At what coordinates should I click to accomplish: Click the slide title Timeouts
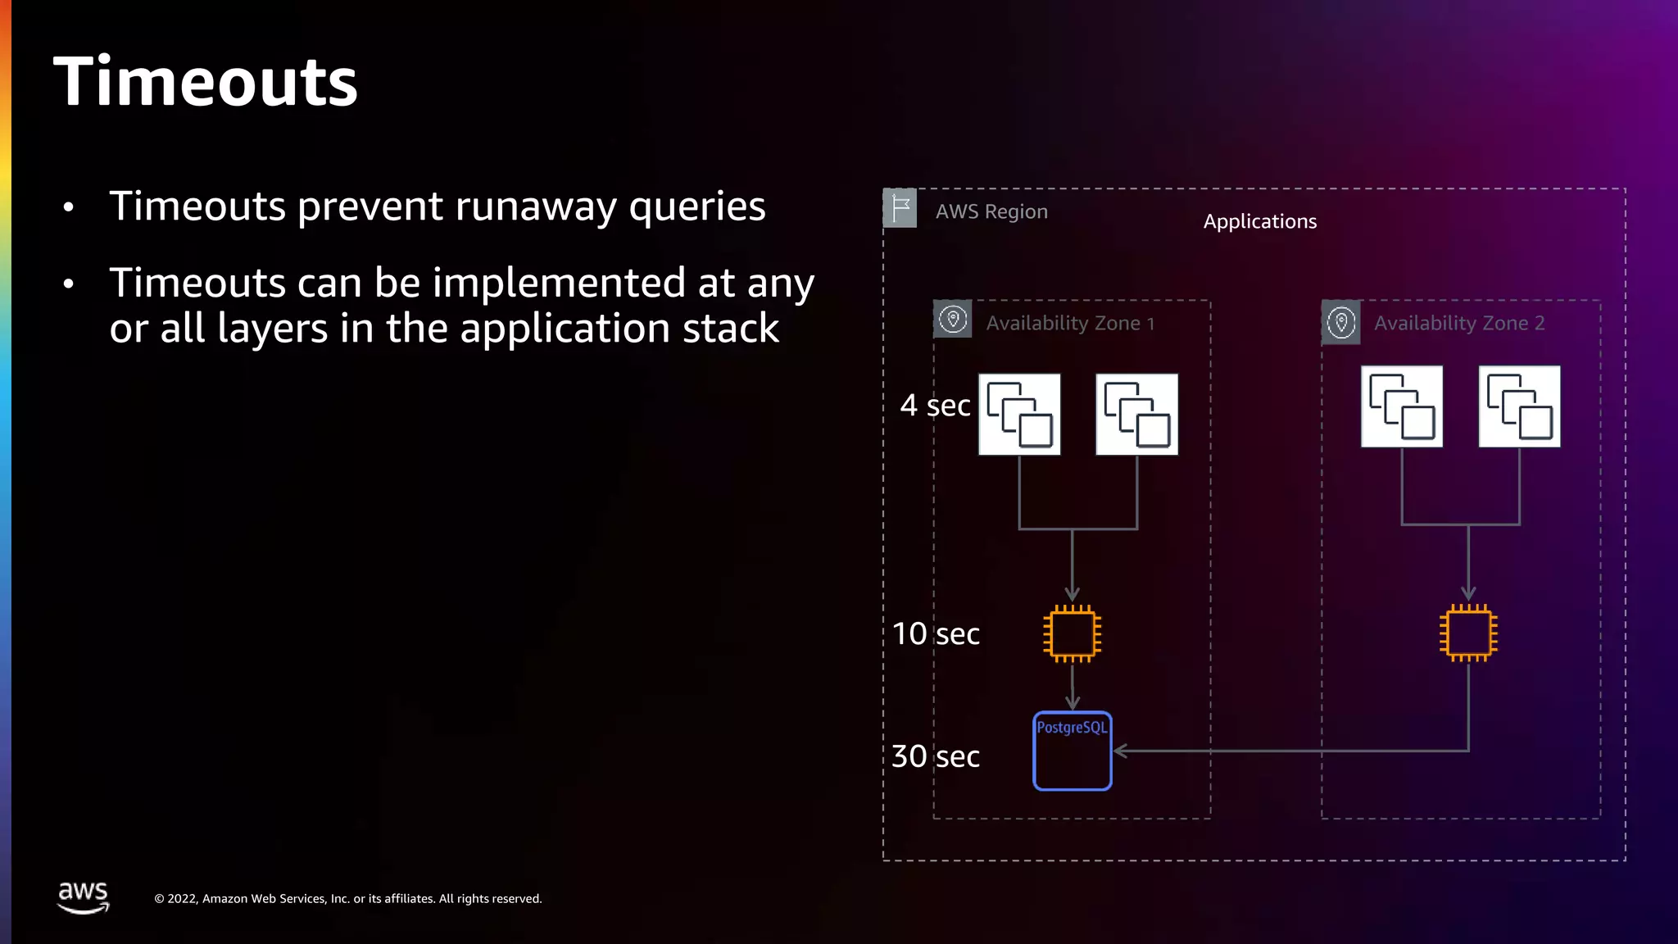click(x=206, y=82)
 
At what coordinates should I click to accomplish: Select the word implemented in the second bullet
click(x=559, y=284)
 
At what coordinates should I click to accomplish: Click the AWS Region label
click(x=991, y=211)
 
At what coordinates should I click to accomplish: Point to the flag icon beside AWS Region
click(x=900, y=208)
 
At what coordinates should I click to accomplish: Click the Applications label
click(x=1259, y=221)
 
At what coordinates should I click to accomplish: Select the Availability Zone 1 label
click(x=1070, y=324)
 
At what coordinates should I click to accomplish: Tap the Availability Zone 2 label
click(x=1459, y=324)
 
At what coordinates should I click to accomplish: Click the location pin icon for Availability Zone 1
click(x=953, y=320)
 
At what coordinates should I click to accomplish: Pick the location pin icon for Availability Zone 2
click(x=1341, y=322)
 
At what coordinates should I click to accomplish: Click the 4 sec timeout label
click(x=935, y=406)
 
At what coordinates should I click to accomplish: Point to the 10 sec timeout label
click(x=936, y=633)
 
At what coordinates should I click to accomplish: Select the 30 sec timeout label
click(x=935, y=756)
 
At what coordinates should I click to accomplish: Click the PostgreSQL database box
click(x=1073, y=751)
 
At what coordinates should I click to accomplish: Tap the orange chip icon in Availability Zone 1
click(x=1072, y=633)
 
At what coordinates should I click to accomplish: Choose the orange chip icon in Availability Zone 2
click(x=1468, y=633)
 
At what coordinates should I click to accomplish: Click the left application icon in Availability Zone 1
click(x=1019, y=415)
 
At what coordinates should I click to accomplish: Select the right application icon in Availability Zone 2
click(x=1519, y=406)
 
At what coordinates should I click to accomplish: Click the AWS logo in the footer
click(x=83, y=897)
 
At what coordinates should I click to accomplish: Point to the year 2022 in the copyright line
click(x=183, y=899)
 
